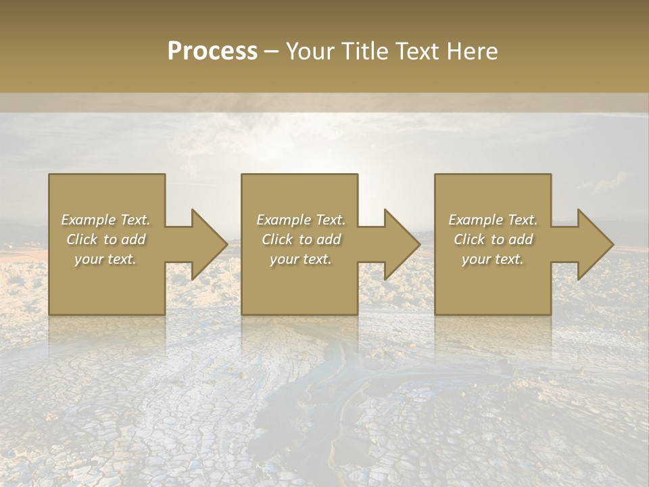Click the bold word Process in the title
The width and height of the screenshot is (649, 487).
click(x=212, y=51)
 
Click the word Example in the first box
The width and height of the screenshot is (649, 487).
click(x=88, y=220)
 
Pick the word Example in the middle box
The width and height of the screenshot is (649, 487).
click(x=283, y=220)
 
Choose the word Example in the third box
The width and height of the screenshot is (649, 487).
click(x=475, y=220)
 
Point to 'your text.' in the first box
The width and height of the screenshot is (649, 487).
click(x=105, y=259)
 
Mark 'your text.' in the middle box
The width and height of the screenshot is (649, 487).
click(x=300, y=259)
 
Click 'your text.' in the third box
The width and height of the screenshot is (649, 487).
click(x=493, y=259)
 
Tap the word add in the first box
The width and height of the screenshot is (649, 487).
click(x=133, y=239)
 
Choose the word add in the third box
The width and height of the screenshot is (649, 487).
click(x=520, y=239)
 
